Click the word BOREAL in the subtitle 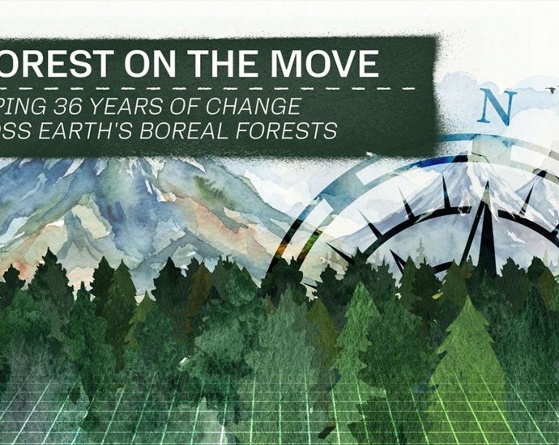(189, 130)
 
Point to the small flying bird (551, 84)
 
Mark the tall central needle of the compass (486, 227)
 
